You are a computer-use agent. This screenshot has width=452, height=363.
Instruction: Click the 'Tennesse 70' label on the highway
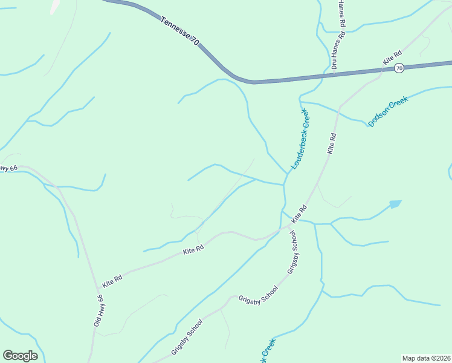180,31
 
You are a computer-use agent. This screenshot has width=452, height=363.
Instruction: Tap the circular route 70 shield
399,68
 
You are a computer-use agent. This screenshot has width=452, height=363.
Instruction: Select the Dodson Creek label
389,111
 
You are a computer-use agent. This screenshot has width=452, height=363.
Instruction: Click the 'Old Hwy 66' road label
99,311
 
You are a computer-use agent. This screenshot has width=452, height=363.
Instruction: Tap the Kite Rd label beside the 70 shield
392,58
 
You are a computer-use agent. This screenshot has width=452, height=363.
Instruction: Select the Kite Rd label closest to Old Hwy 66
112,281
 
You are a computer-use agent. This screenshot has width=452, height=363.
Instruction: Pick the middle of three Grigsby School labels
258,296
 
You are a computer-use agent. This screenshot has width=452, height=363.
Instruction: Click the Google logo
20,355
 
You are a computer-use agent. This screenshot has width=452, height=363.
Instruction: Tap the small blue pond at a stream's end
395,204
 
